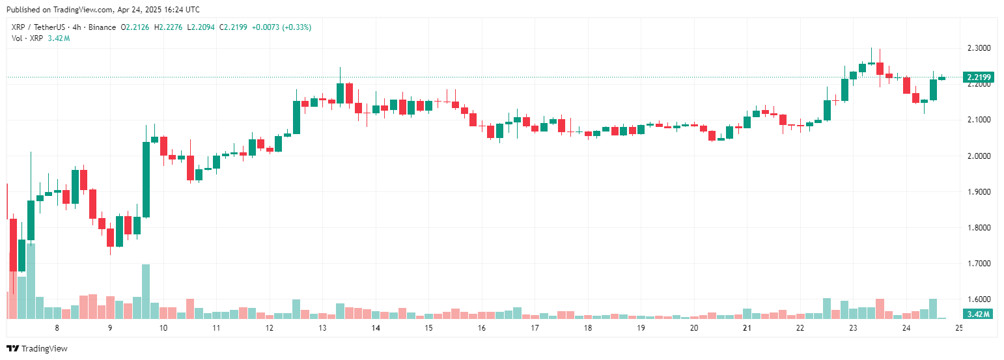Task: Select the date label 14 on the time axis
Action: (x=376, y=328)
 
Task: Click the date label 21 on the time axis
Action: (x=747, y=328)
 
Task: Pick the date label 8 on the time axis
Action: (x=57, y=328)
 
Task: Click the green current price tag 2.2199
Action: (x=979, y=77)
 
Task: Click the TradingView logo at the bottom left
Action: (x=37, y=348)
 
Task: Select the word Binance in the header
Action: (x=101, y=27)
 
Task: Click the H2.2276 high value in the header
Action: (x=168, y=27)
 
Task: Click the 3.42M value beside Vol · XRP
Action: (x=59, y=38)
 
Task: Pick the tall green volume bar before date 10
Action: (x=146, y=292)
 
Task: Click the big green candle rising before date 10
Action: (x=146, y=179)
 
